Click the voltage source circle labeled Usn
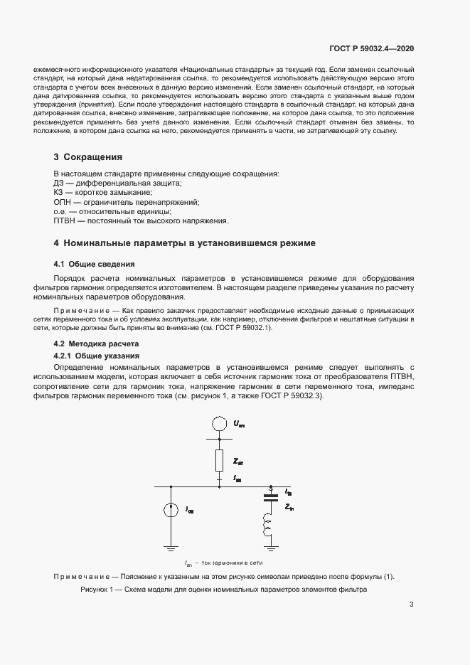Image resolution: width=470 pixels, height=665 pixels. pyautogui.click(x=220, y=425)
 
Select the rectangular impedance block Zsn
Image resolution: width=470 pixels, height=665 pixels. pyautogui.click(x=220, y=462)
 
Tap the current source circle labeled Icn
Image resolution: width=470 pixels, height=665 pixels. pyautogui.click(x=171, y=510)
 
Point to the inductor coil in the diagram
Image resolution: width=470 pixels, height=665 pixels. pyautogui.click(x=269, y=527)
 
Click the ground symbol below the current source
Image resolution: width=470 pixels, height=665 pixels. pyautogui.click(x=171, y=548)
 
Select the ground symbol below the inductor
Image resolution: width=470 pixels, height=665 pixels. pyautogui.click(x=269, y=548)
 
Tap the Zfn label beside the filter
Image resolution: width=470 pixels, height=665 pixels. pyautogui.click(x=289, y=508)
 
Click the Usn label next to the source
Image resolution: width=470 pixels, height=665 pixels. pyautogui.click(x=238, y=424)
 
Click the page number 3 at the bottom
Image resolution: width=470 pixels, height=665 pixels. pyautogui.click(x=412, y=605)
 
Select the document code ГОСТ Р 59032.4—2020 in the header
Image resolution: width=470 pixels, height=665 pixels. pyautogui.click(x=372, y=48)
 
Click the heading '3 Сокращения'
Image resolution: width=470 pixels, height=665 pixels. pyautogui.click(x=88, y=156)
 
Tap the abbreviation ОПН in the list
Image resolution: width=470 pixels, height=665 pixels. pyautogui.click(x=64, y=202)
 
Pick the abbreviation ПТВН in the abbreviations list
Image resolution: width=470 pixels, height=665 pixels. pyautogui.click(x=66, y=220)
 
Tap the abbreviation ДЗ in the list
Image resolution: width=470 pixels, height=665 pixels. pyautogui.click(x=60, y=183)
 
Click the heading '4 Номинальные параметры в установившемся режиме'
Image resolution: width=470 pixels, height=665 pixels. pyautogui.click(x=185, y=243)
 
